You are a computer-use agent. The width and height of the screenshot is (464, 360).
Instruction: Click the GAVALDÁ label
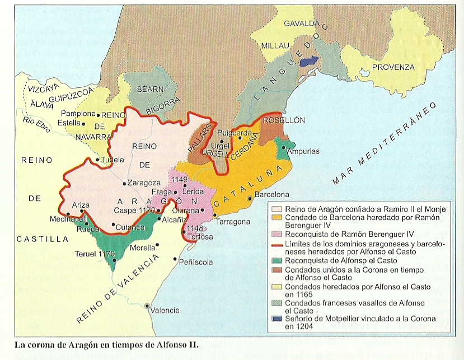coord(301,24)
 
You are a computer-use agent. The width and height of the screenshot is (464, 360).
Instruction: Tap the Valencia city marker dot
coord(147,306)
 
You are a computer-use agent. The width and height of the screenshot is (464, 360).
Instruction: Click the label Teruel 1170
coord(94,254)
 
